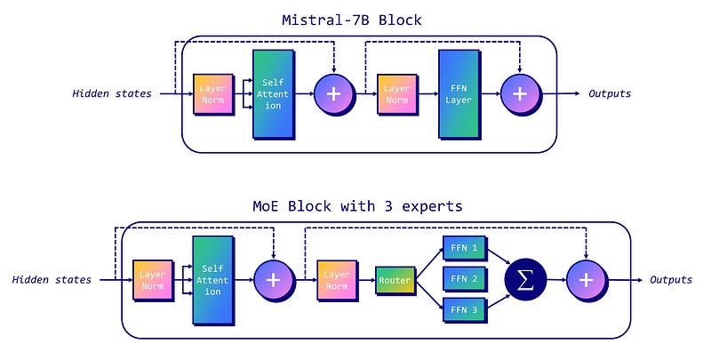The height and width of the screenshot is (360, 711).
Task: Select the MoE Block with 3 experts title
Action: point(357,206)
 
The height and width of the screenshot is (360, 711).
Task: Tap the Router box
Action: point(395,280)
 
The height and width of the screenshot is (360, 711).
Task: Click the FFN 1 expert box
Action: point(463,248)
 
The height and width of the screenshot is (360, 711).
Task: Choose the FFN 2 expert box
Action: point(463,279)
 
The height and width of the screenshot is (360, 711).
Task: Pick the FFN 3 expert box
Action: point(463,310)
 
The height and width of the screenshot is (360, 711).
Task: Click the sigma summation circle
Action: point(525,279)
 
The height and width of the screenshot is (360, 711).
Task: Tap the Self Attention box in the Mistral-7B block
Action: point(274,94)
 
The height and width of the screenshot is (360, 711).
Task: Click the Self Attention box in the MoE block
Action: point(213,280)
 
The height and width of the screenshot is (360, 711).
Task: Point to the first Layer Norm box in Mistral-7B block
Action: point(213,94)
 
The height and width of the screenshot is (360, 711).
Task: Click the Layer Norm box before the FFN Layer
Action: point(398,94)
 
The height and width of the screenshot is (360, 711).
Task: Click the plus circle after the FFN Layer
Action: point(520,93)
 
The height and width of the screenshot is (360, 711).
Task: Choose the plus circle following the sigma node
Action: point(586,279)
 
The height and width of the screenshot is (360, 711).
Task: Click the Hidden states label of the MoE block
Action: point(52,280)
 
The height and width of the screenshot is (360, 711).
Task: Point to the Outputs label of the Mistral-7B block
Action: point(610,93)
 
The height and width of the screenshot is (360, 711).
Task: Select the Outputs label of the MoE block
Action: point(671,280)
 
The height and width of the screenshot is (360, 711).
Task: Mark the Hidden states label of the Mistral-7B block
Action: point(112,93)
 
